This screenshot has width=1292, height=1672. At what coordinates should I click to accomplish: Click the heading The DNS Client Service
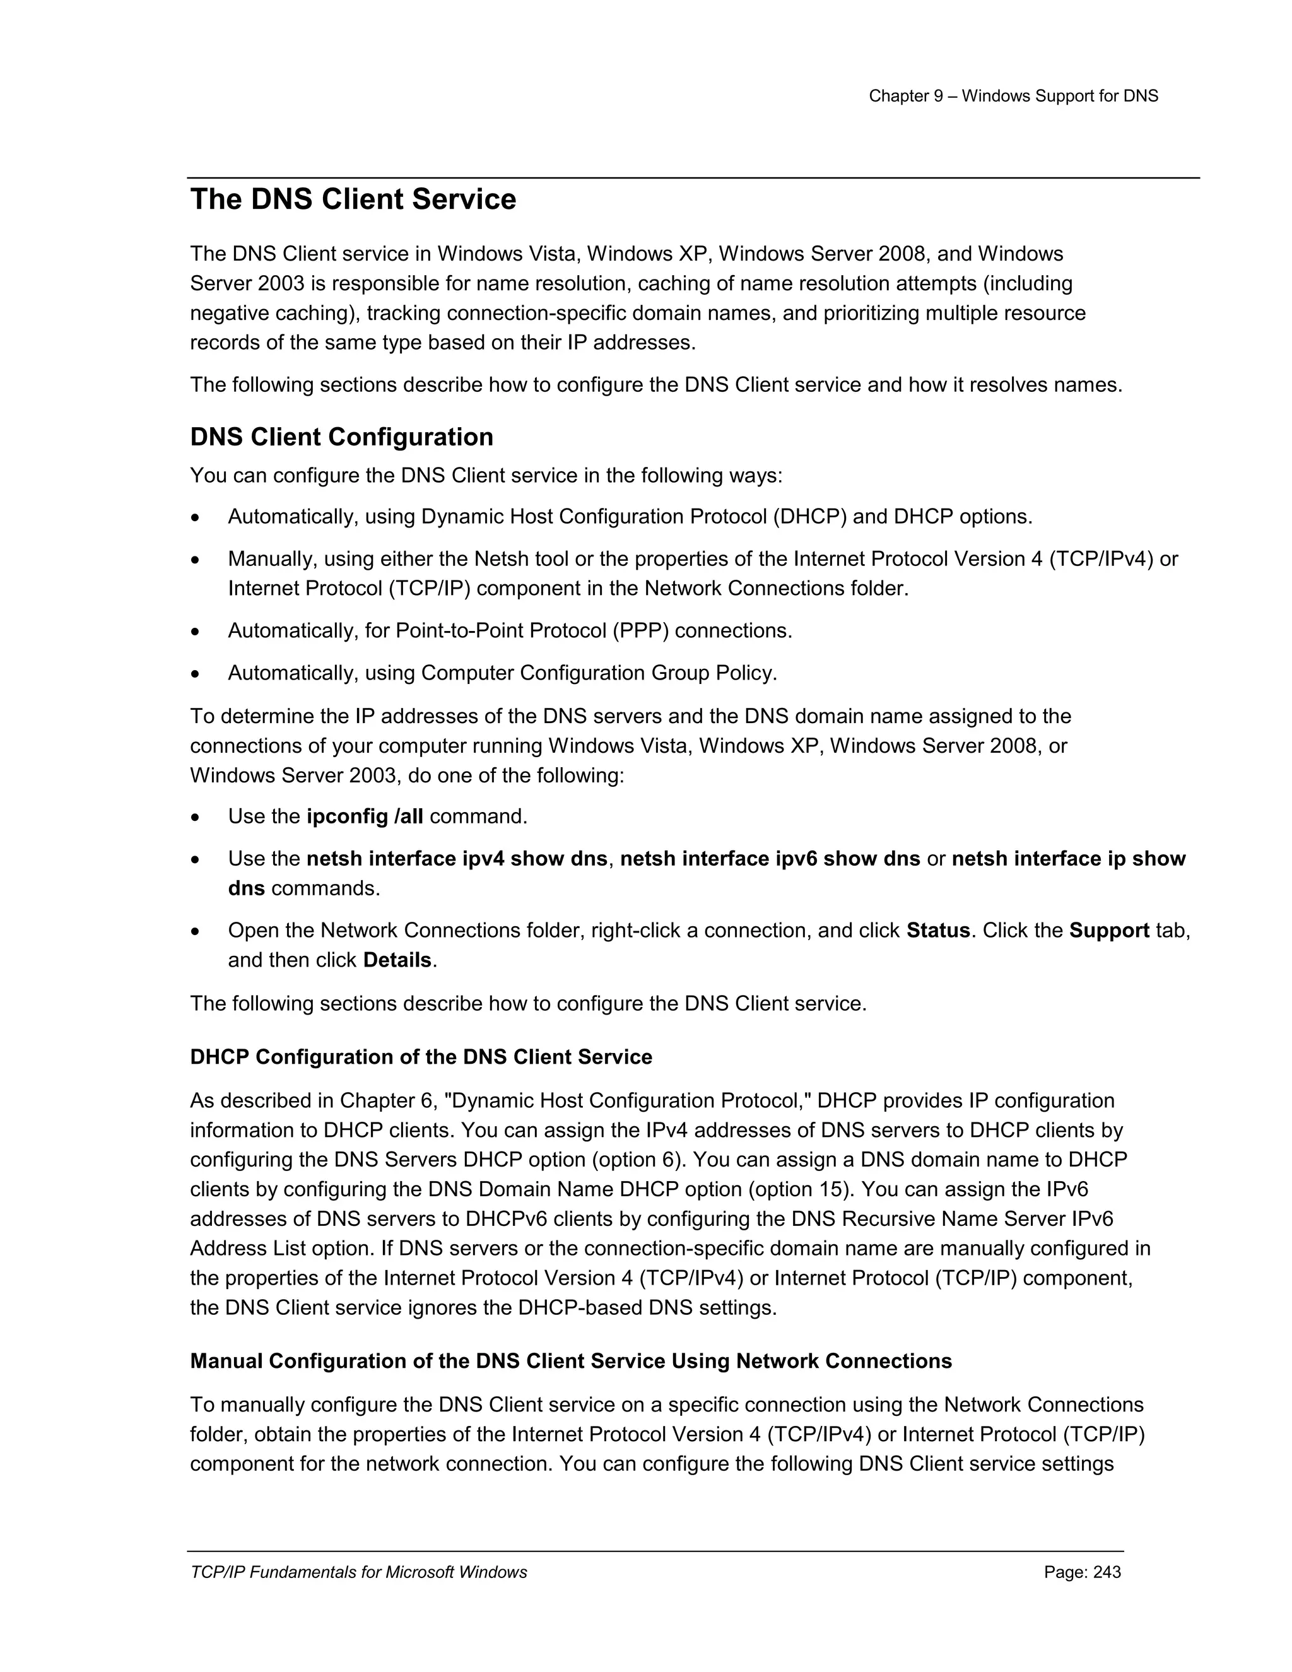(353, 200)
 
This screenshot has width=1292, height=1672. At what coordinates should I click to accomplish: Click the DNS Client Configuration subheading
(341, 437)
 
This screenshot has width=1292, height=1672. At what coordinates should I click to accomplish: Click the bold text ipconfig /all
(365, 817)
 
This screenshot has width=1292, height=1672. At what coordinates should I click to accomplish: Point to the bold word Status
(937, 931)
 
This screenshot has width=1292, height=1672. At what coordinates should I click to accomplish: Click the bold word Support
(1108, 931)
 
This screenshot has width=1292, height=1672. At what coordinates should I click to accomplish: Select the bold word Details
(397, 960)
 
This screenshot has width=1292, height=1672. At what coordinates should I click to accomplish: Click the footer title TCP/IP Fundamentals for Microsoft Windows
(358, 1572)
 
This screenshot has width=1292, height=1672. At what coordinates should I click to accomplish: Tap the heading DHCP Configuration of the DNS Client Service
(421, 1057)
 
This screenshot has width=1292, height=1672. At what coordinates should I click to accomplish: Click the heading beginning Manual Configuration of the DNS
(570, 1361)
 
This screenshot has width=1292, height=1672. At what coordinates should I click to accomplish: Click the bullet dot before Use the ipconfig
(197, 818)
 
